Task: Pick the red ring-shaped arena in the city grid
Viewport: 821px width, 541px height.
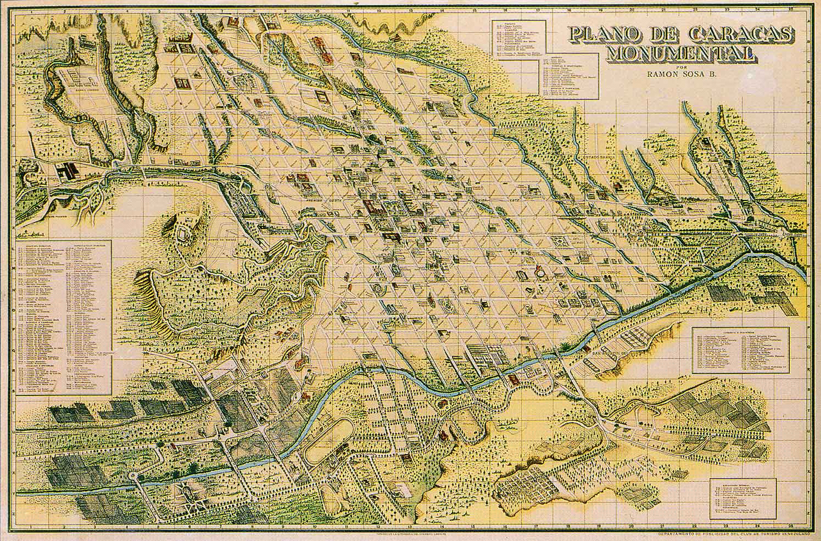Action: point(539,270)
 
